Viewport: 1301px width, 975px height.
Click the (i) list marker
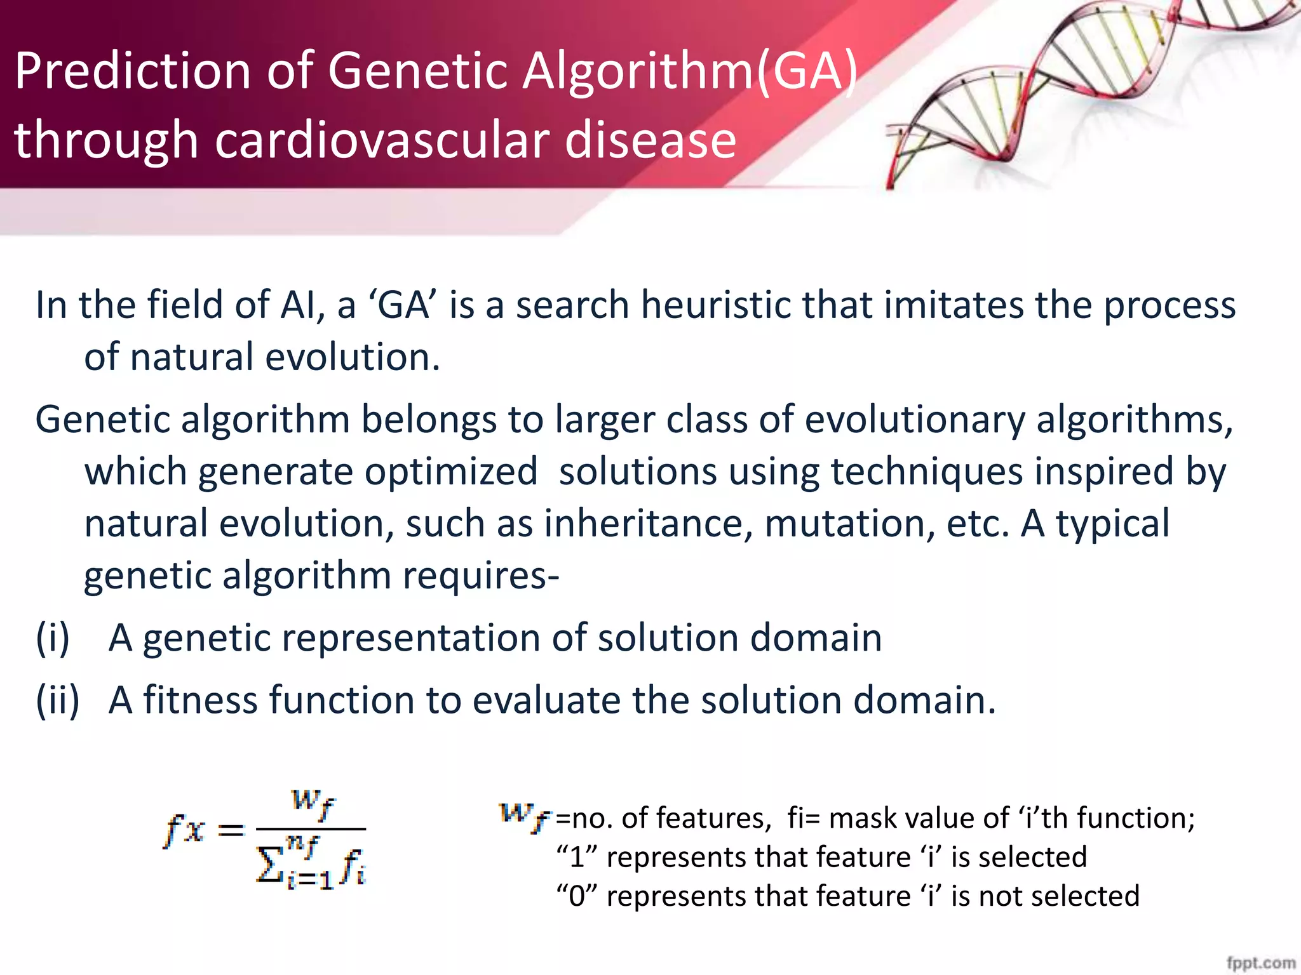tap(52, 638)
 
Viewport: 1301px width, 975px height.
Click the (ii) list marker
tap(58, 700)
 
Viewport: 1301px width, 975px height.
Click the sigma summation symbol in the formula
tap(269, 866)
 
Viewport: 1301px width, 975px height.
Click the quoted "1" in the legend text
tap(577, 858)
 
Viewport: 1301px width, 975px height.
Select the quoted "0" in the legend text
tap(577, 896)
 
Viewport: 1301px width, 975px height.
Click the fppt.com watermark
tap(1260, 962)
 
